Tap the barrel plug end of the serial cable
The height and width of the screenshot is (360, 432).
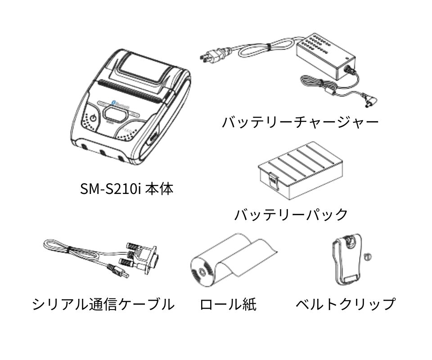pos(119,272)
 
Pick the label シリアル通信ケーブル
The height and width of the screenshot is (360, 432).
pos(103,304)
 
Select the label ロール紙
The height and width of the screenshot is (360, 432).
pos(228,304)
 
